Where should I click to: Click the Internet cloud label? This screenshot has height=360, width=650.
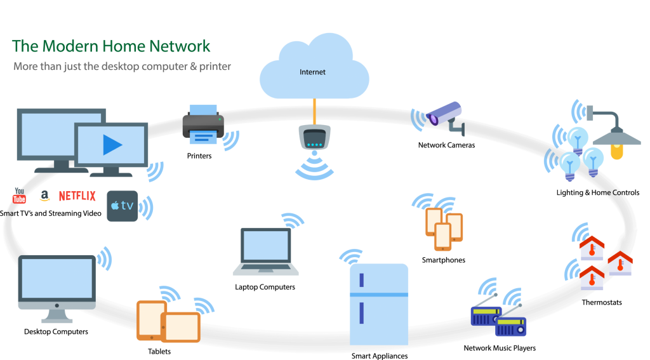click(312, 72)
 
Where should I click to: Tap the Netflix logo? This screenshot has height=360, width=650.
click(77, 196)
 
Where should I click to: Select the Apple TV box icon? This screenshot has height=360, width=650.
click(122, 206)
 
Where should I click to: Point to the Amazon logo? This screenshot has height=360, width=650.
click(44, 196)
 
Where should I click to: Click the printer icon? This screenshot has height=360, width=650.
click(203, 124)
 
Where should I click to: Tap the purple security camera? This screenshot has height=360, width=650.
click(445, 114)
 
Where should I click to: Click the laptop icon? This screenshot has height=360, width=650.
click(265, 251)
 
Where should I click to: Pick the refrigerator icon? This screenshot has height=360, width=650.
click(379, 304)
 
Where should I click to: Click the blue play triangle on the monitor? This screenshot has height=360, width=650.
click(112, 145)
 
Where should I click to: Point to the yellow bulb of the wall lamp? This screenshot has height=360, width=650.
click(616, 152)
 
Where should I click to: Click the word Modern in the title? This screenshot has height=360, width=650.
click(69, 46)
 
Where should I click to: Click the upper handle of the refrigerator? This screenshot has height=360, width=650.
click(361, 279)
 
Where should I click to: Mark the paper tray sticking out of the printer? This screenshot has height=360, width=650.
click(202, 137)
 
